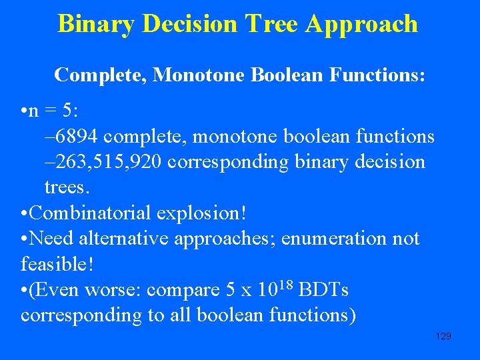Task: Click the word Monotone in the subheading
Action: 199,75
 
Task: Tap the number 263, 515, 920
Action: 103,163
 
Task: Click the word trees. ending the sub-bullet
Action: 67,188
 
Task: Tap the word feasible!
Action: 57,264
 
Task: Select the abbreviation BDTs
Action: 324,290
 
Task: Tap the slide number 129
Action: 443,336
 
